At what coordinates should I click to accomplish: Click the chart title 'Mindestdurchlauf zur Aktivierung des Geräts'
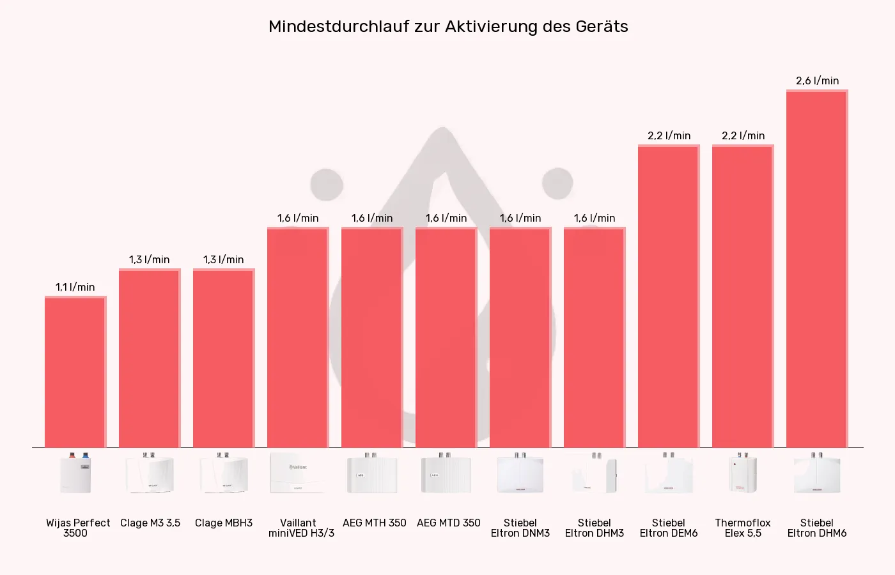tap(448, 27)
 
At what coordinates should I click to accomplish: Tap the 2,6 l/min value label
tap(817, 81)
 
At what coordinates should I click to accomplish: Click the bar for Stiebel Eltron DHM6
tap(816, 268)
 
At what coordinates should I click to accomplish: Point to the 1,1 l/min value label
tap(75, 287)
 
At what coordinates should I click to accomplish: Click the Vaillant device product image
tap(297, 473)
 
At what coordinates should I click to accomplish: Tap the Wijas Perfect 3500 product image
tap(75, 473)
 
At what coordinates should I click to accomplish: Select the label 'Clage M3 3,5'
tap(150, 523)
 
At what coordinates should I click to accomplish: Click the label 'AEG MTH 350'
tap(374, 523)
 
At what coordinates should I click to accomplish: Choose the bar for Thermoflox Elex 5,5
tap(742, 296)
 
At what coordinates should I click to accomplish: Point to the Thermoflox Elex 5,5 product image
tap(742, 473)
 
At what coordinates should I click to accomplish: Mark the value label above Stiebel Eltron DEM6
tap(669, 136)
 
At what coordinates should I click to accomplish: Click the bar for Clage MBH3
tap(223, 358)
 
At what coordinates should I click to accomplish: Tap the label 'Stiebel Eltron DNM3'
tap(520, 528)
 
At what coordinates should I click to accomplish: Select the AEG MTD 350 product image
tap(446, 473)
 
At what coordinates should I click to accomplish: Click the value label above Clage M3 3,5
tap(149, 260)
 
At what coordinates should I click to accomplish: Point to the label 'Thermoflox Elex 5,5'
tap(742, 528)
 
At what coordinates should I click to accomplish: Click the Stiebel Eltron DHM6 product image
tap(816, 473)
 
